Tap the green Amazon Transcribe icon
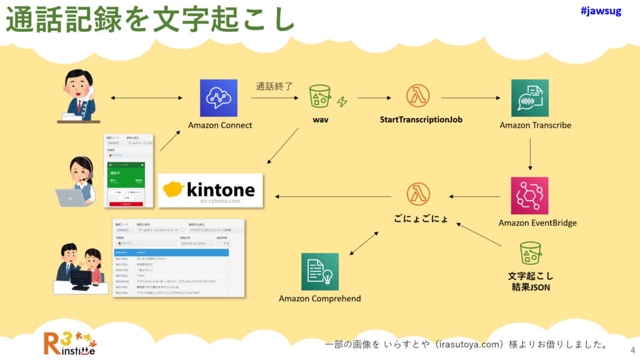[x=530, y=98]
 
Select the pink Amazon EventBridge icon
[x=530, y=196]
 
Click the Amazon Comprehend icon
[x=320, y=271]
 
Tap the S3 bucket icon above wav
[x=320, y=97]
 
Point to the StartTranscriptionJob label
[x=421, y=119]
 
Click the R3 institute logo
[x=70, y=343]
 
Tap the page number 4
[x=633, y=350]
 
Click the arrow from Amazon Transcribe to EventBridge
[x=530, y=154]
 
